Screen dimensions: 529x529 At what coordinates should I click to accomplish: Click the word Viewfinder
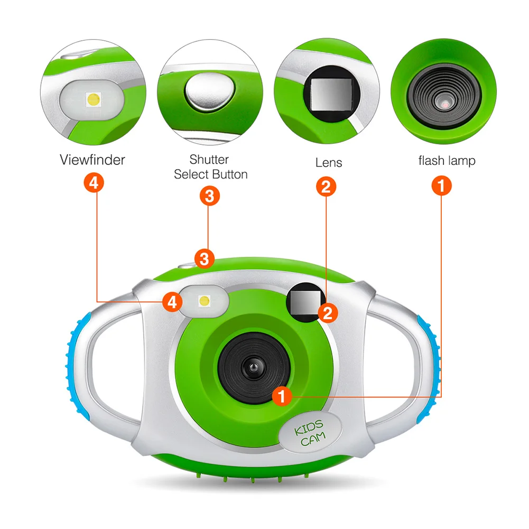[x=92, y=160]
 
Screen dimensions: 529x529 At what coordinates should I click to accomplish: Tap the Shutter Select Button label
[x=210, y=166]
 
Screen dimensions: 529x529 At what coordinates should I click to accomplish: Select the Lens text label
[x=328, y=162]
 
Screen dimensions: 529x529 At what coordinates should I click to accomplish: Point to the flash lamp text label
[x=447, y=160]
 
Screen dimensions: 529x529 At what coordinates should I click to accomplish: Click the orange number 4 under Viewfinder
[x=93, y=183]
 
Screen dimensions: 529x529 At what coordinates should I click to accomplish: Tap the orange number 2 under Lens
[x=326, y=185]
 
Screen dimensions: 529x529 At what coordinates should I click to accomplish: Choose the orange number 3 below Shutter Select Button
[x=210, y=196]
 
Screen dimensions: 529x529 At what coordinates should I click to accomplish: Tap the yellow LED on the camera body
[x=204, y=301]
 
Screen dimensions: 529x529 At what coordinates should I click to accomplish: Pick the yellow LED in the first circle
[x=94, y=99]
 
